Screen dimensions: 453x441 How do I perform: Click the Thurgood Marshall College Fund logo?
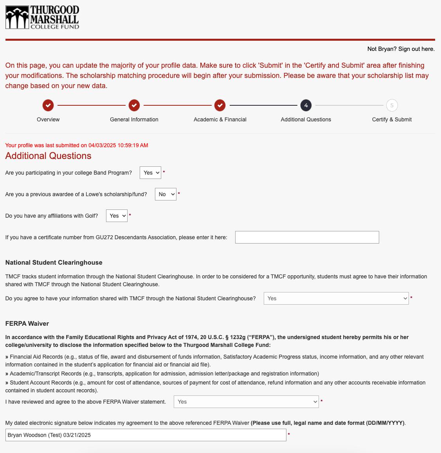[x=42, y=17]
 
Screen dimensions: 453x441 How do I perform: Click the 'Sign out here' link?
[x=416, y=49]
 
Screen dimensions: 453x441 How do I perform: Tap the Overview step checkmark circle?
[x=48, y=105]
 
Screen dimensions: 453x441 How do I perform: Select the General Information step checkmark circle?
[x=134, y=105]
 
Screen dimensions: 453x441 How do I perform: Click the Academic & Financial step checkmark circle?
[x=220, y=105]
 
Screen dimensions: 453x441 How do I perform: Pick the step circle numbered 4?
[x=306, y=105]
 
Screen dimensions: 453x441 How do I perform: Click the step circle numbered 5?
[x=392, y=105]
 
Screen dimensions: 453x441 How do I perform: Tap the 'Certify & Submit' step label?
[x=392, y=119]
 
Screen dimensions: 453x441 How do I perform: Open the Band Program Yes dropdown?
[x=150, y=173]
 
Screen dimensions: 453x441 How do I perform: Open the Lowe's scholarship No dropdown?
[x=166, y=194]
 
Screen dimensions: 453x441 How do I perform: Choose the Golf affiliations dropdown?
[x=117, y=216]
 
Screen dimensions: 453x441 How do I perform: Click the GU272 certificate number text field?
[x=307, y=237]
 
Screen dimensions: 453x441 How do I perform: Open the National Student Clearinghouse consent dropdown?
[x=336, y=298]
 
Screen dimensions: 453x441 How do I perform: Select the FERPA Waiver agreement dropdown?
[x=246, y=402]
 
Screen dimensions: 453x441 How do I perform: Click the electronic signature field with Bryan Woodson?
[x=146, y=435]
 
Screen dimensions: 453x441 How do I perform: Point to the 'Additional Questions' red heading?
[x=48, y=156]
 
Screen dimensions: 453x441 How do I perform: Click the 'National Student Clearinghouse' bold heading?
[x=54, y=263]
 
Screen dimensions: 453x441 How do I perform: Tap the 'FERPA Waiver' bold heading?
[x=27, y=324]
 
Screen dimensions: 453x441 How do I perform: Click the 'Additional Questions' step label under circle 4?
[x=306, y=119]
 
